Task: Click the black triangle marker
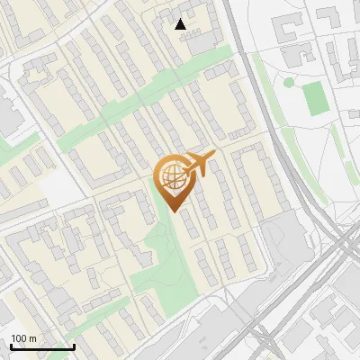coord(181,24)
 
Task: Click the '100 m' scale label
coord(23,338)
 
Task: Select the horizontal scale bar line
coord(42,346)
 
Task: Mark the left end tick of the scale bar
coord(12,345)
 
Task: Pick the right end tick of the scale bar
coord(74,345)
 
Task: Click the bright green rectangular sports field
coord(315,99)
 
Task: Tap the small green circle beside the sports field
coord(289,82)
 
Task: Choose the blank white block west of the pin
coord(58,187)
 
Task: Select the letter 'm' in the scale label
coord(32,338)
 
